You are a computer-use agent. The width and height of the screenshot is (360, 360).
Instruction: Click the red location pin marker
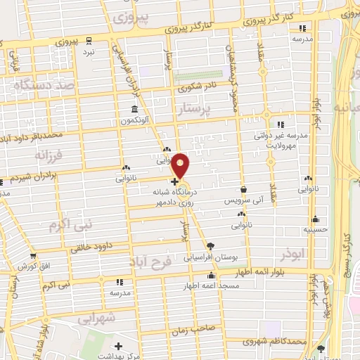point(181,166)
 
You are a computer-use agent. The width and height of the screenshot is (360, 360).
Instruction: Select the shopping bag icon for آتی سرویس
point(243,190)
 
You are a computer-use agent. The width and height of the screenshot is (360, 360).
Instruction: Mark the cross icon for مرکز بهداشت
point(119,346)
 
